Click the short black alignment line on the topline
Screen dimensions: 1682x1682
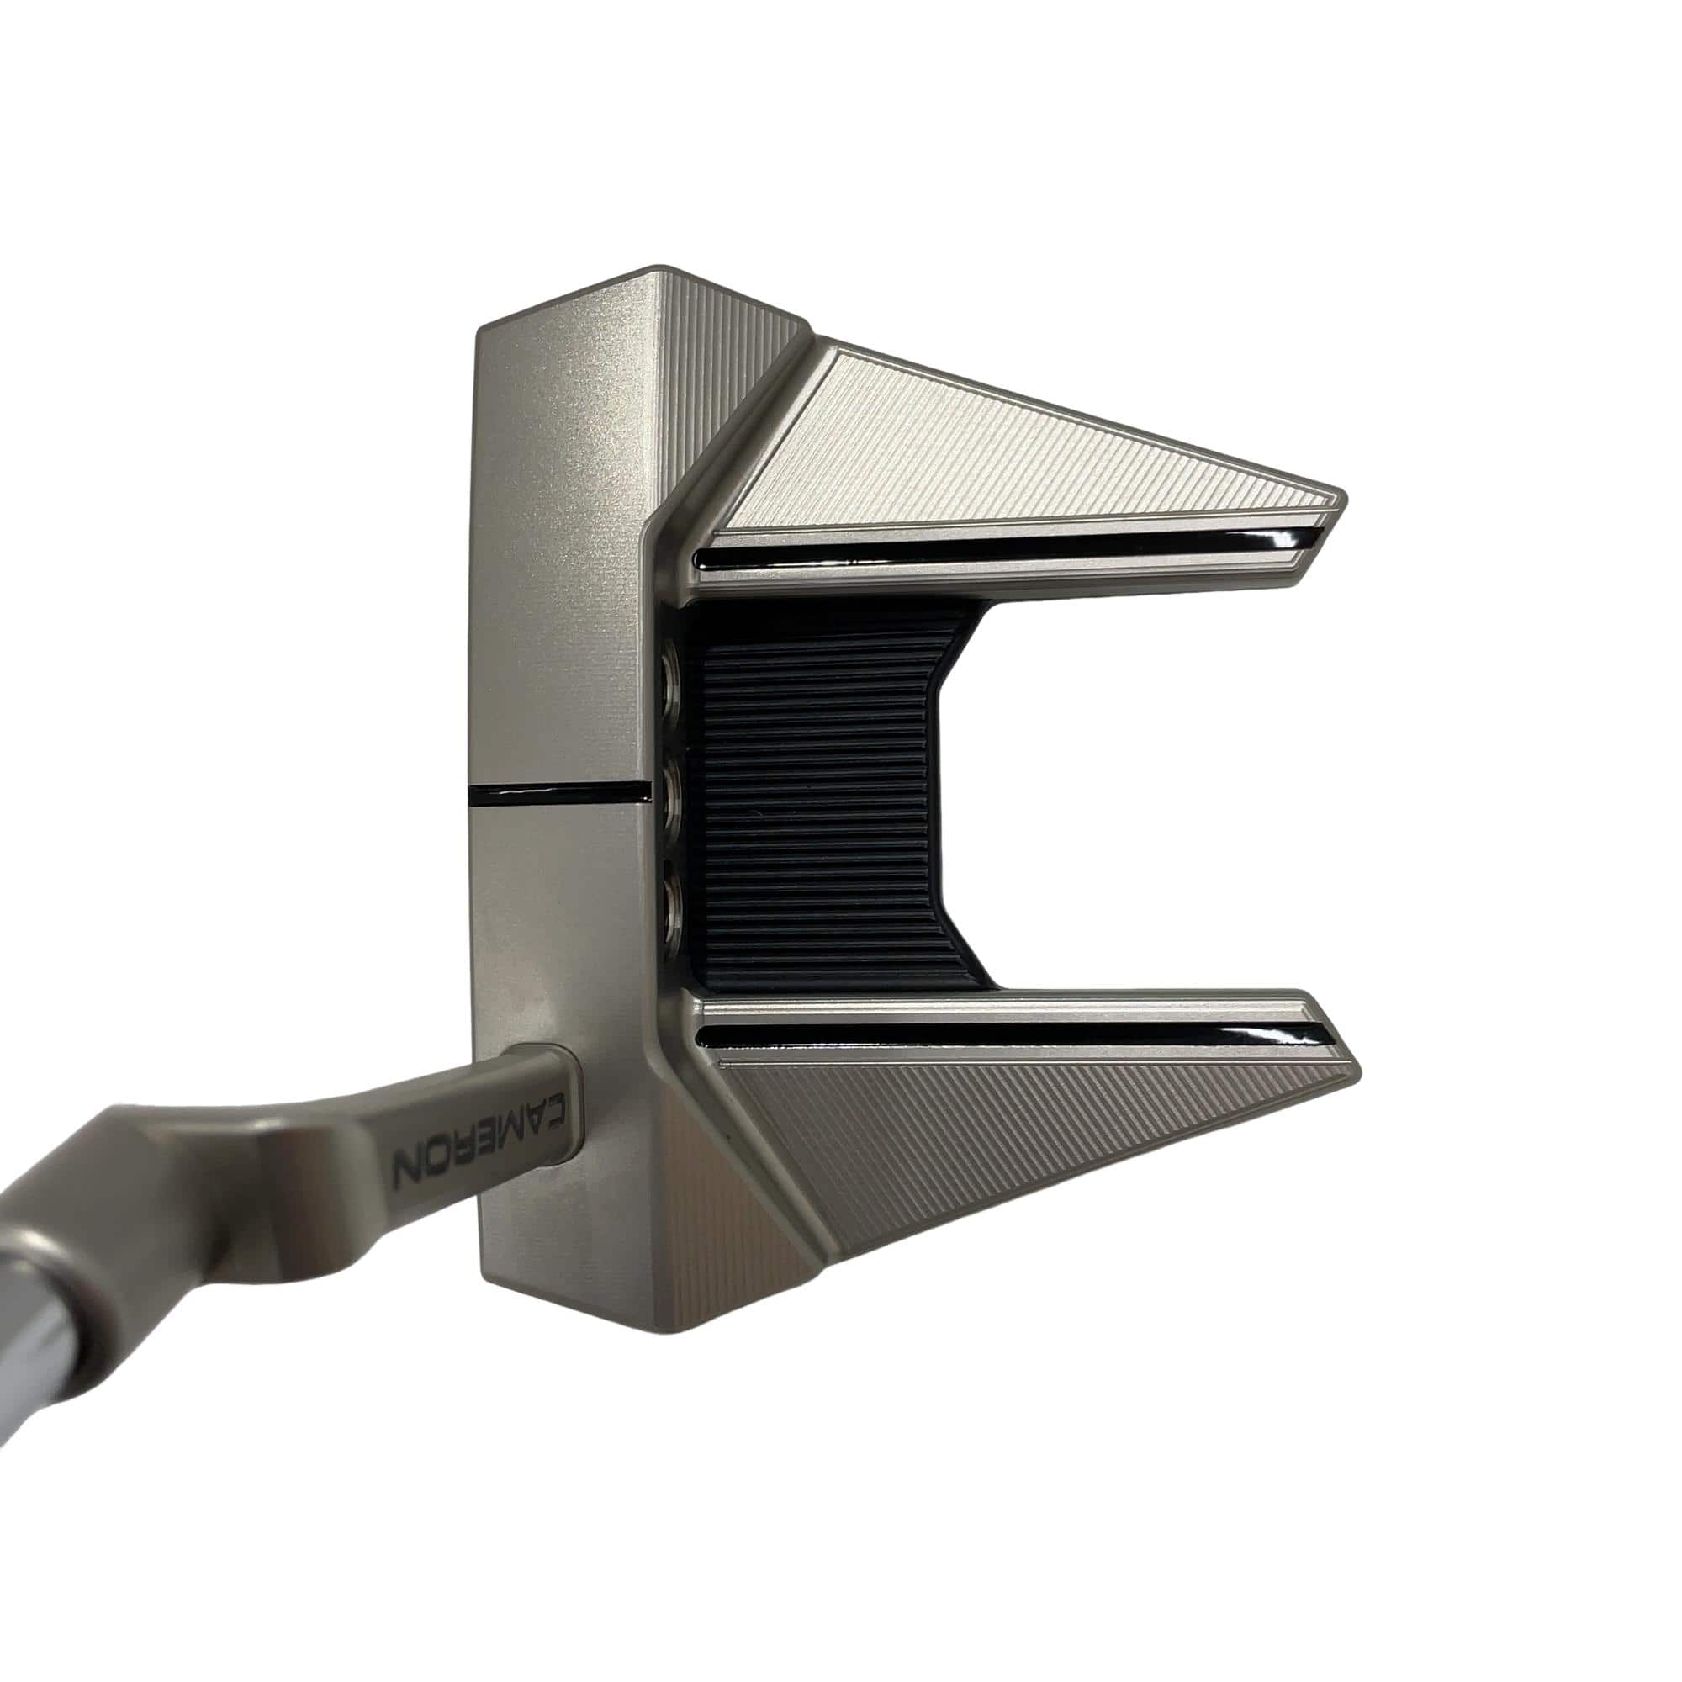[558, 792]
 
